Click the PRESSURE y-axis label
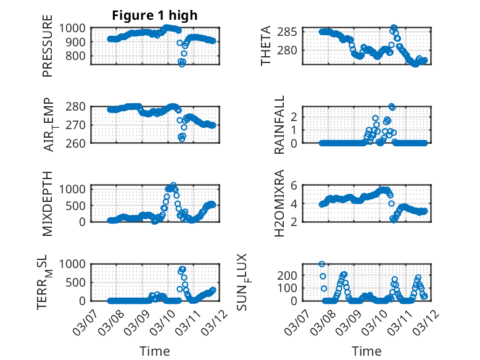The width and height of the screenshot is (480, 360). tap(48, 50)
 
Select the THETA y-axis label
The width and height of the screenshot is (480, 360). tap(266, 46)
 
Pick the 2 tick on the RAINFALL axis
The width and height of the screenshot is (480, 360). tap(295, 116)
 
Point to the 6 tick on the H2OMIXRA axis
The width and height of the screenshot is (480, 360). tap(295, 185)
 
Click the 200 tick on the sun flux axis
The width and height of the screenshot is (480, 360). tap(291, 274)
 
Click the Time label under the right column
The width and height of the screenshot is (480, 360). tap(366, 351)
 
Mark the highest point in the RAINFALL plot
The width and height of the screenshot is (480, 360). tap(392, 107)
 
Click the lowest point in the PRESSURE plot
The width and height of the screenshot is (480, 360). tap(182, 64)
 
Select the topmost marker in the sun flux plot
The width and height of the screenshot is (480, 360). tap(321, 264)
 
